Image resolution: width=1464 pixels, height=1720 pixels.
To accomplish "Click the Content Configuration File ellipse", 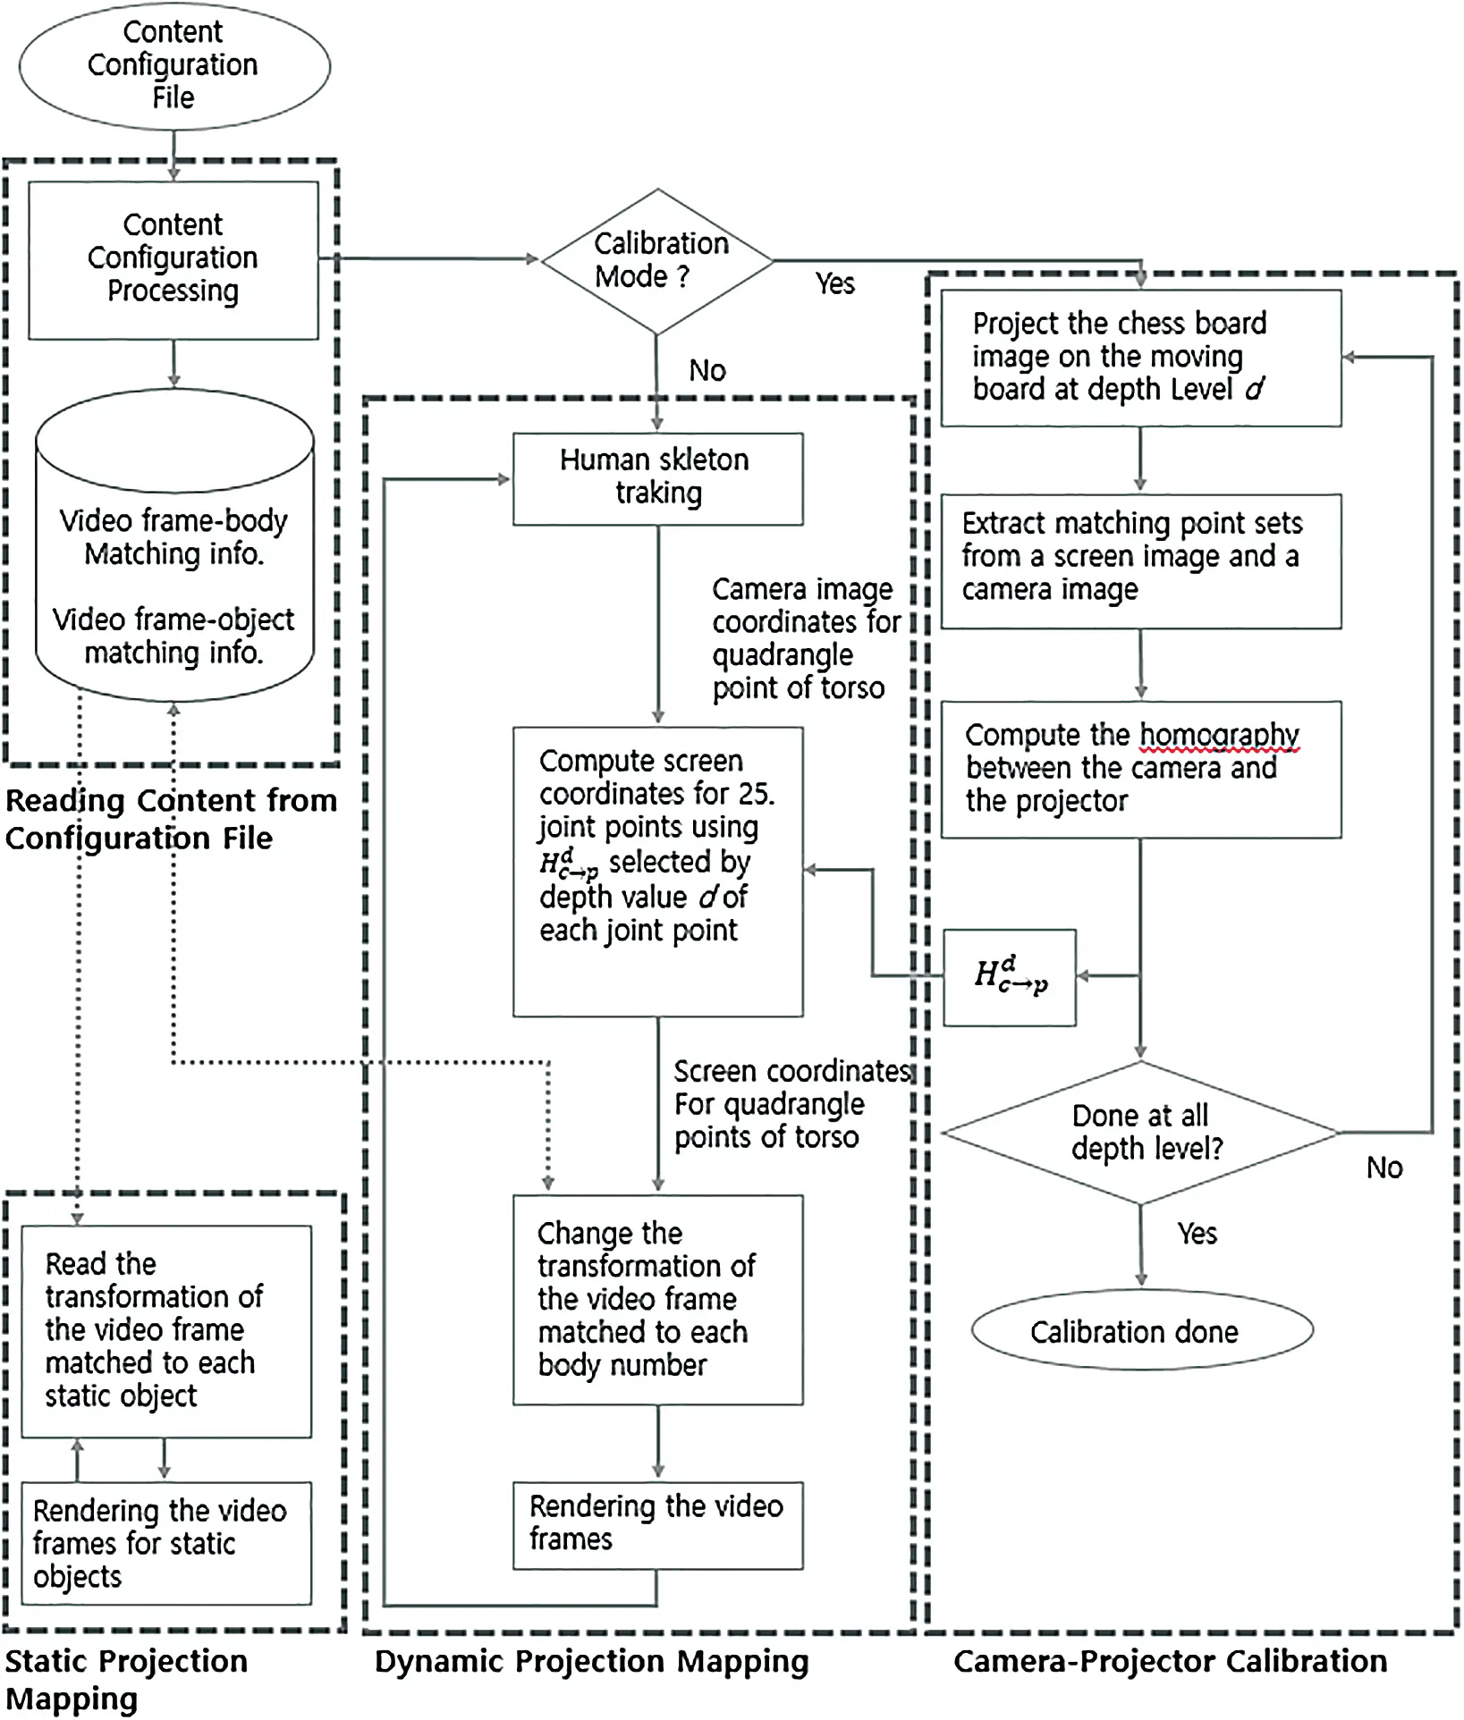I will pyautogui.click(x=173, y=65).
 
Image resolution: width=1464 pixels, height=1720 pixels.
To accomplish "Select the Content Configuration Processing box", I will pyautogui.click(x=173, y=260).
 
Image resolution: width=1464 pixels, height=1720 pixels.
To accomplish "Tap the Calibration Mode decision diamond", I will pyautogui.click(x=657, y=261).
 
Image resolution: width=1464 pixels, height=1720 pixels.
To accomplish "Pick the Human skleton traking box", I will pyautogui.click(x=657, y=478).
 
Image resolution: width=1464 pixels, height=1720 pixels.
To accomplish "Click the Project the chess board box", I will pyautogui.click(x=1140, y=357).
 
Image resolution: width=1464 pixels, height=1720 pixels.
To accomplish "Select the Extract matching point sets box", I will pyautogui.click(x=1140, y=560).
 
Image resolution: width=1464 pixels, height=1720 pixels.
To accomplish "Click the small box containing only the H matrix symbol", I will pyautogui.click(x=1010, y=977).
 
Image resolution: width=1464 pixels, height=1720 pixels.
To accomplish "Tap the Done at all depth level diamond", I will pyautogui.click(x=1140, y=1132).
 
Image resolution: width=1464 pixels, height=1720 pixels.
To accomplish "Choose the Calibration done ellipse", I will pyautogui.click(x=1140, y=1331).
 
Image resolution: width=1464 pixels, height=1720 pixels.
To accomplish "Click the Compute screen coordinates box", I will pyautogui.click(x=657, y=871).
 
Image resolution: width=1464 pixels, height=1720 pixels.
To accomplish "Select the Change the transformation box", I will pyautogui.click(x=657, y=1299).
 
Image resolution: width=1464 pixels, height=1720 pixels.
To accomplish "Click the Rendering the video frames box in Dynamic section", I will pyautogui.click(x=657, y=1524).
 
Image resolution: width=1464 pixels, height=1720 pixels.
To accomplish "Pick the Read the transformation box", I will pyautogui.click(x=166, y=1330).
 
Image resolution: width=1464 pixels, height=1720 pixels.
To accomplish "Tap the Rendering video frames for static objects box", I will pyautogui.click(x=166, y=1542).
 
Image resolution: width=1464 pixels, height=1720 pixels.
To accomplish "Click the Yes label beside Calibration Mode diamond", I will pyautogui.click(x=834, y=284).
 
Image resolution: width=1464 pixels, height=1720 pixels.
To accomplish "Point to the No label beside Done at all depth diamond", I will pyautogui.click(x=1384, y=1168).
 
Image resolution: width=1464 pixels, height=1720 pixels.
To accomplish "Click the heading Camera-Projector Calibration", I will pyautogui.click(x=1170, y=1661).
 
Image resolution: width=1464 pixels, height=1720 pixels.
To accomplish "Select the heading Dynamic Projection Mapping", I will pyautogui.click(x=591, y=1661).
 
